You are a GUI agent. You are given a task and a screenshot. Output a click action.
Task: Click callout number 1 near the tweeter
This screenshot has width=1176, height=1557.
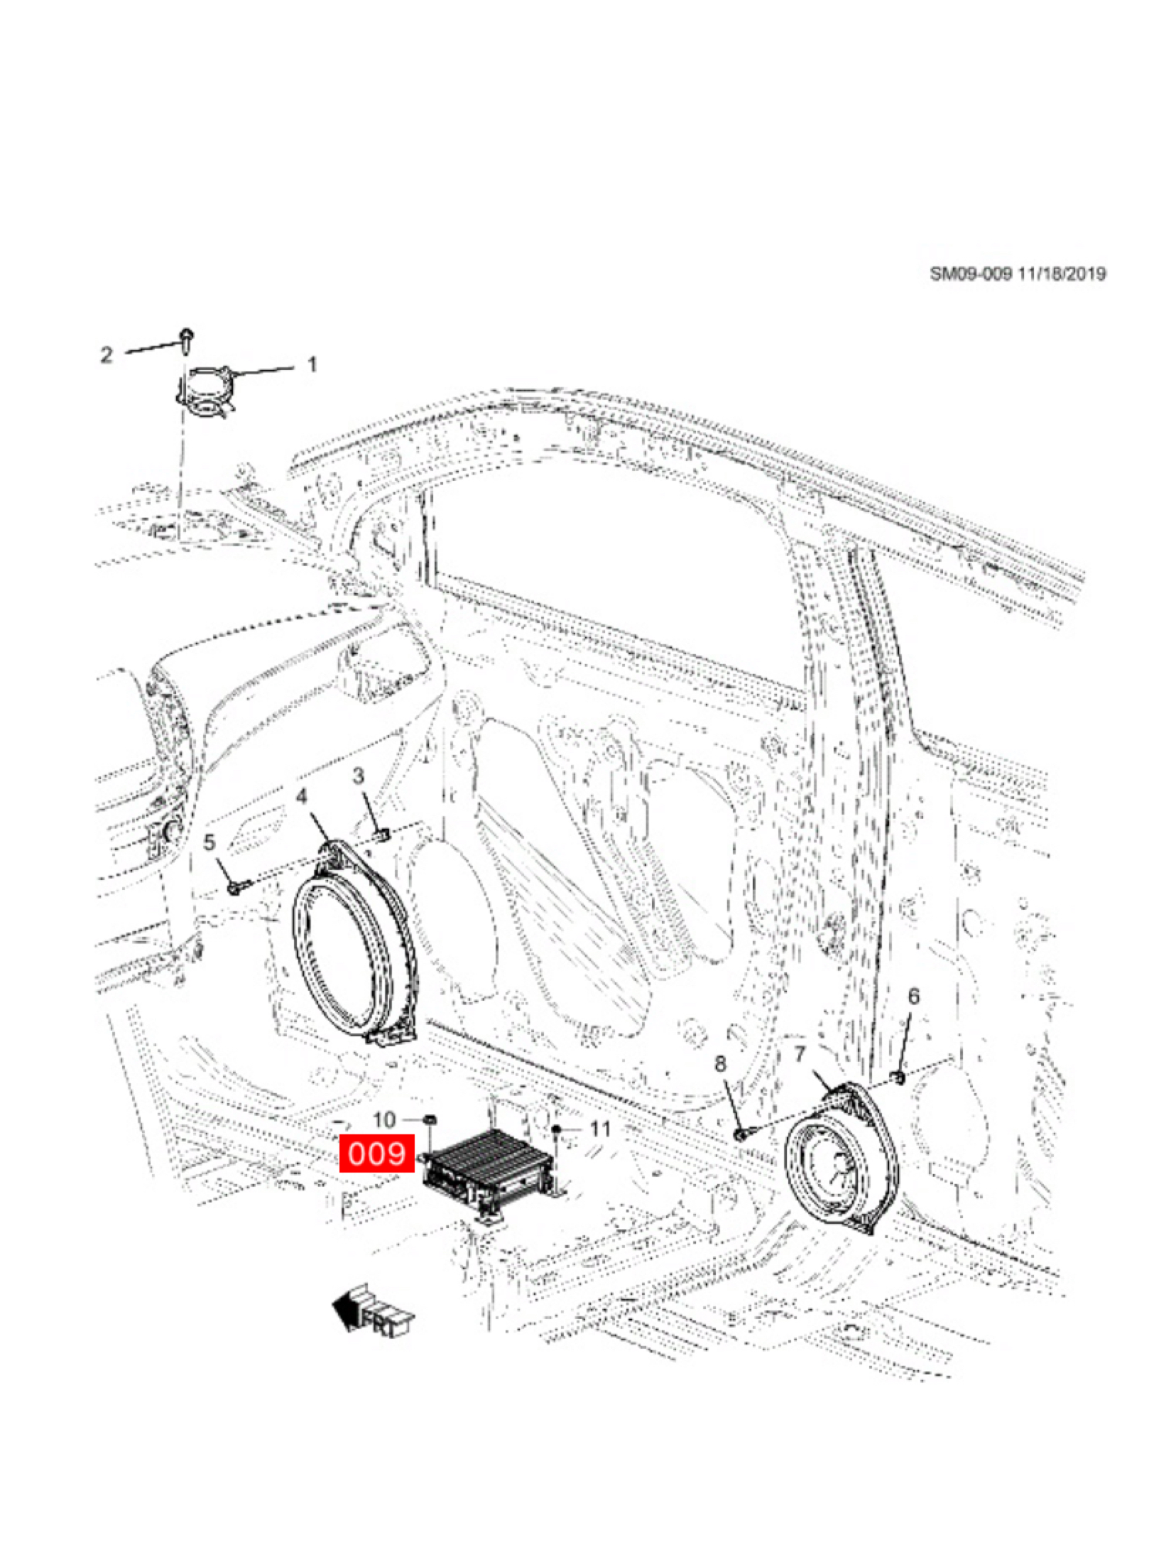tap(311, 364)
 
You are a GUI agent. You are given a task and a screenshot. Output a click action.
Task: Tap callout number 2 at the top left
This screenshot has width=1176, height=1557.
tap(106, 354)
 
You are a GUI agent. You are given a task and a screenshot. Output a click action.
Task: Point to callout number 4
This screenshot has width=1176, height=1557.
tap(302, 796)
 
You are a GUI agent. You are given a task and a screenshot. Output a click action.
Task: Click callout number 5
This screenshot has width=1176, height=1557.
tap(209, 843)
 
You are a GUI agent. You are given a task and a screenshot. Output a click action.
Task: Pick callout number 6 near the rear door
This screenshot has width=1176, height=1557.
tap(913, 996)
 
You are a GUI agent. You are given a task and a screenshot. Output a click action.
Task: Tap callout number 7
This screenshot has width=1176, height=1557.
tap(800, 1054)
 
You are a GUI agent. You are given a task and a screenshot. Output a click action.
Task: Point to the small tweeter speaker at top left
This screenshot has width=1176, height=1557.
tap(205, 391)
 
